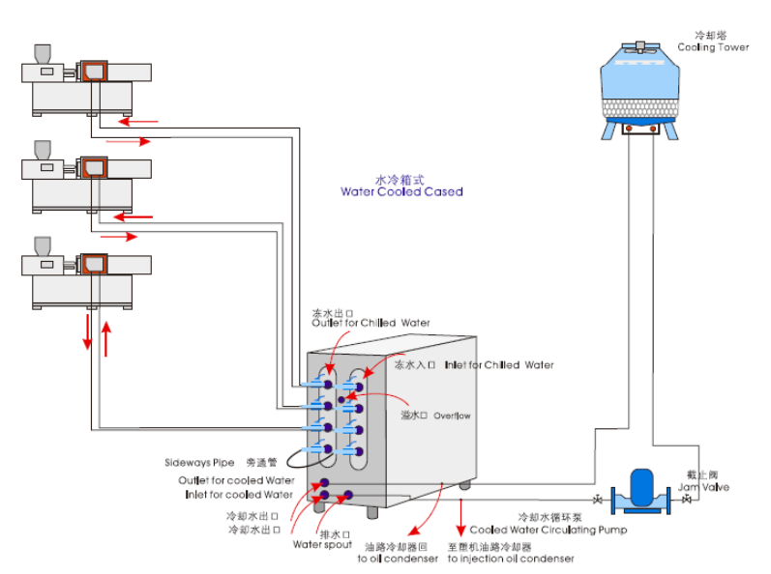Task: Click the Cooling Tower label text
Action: [713, 46]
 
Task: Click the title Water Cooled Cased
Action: [401, 191]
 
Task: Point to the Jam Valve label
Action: [703, 487]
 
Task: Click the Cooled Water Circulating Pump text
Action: [548, 530]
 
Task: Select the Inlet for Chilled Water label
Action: [499, 365]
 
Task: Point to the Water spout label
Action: [322, 545]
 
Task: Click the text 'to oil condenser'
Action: [398, 559]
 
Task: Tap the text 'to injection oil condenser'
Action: [511, 559]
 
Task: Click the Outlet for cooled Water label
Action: [236, 480]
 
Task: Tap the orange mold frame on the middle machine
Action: [92, 166]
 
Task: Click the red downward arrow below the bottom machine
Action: [88, 331]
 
